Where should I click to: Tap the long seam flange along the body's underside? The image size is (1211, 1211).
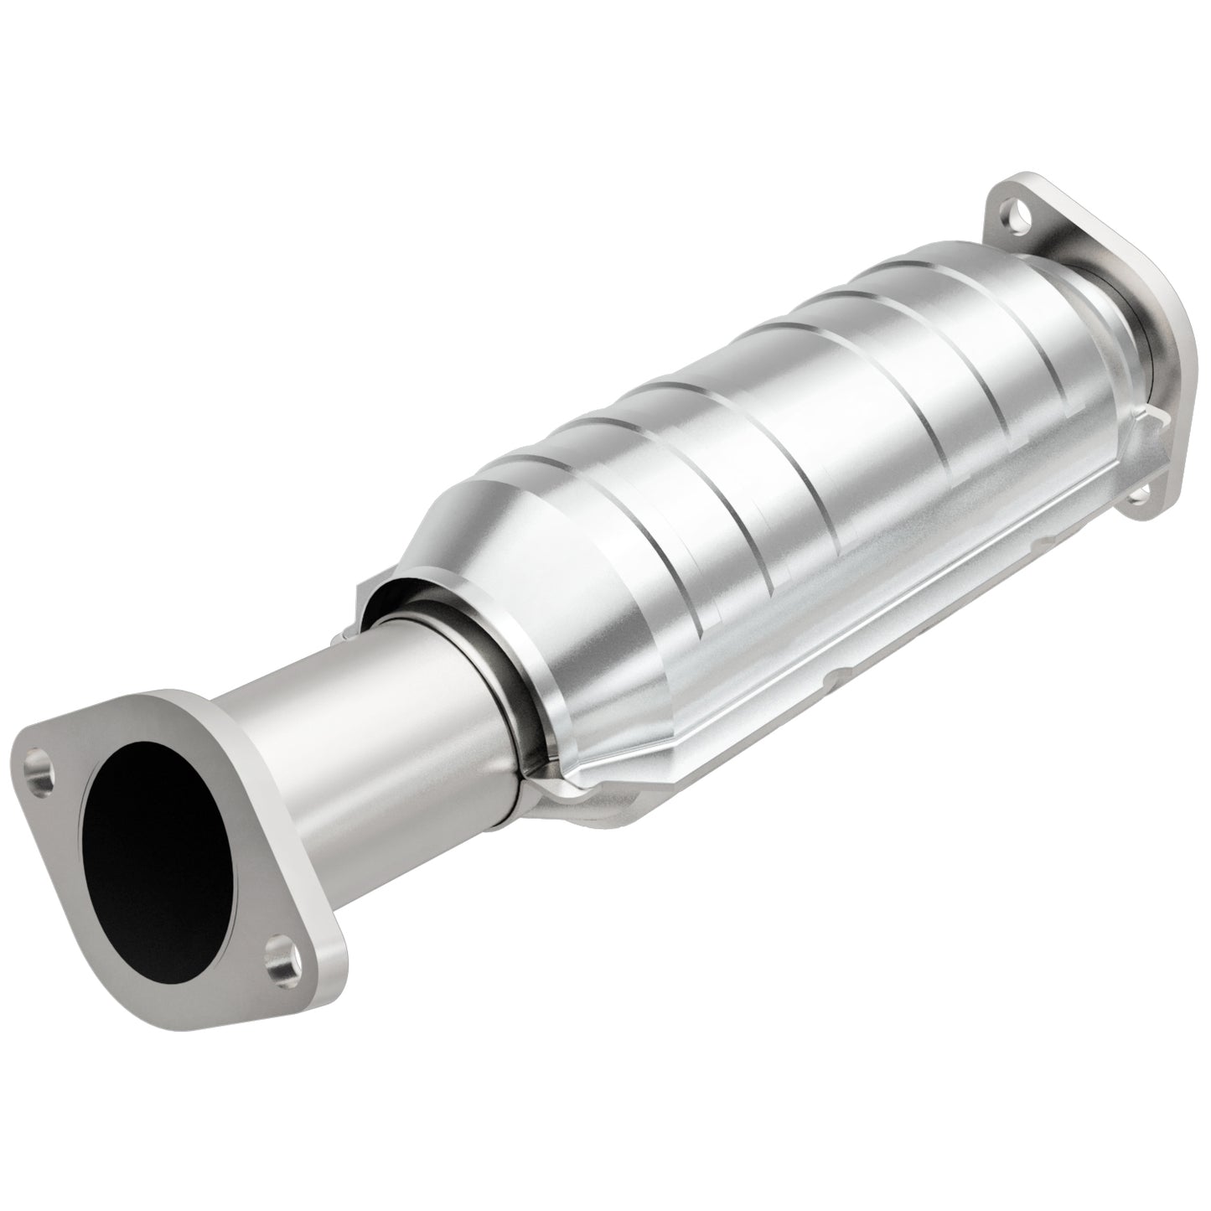pos(838,654)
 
